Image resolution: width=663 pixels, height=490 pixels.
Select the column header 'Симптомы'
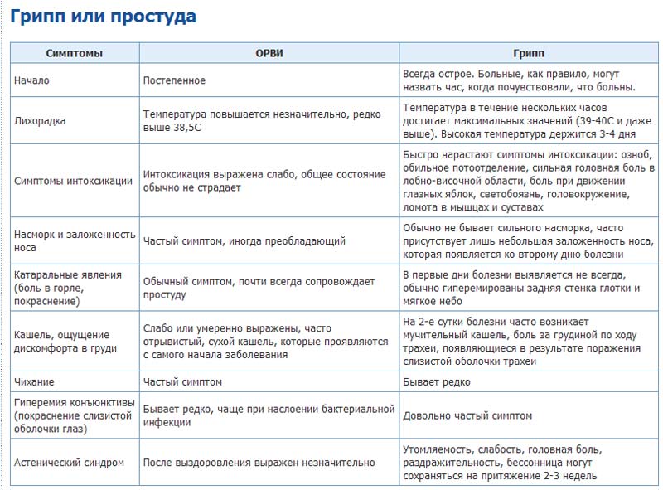(x=75, y=53)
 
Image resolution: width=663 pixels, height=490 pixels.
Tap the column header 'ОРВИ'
(x=269, y=53)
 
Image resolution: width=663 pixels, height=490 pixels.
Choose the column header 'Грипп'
(x=527, y=53)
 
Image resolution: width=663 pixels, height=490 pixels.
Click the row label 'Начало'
(x=33, y=80)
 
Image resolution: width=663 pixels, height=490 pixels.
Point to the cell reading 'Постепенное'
(x=174, y=80)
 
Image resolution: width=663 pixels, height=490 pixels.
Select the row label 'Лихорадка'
(x=41, y=120)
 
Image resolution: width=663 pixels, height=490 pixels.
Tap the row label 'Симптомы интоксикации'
(x=74, y=181)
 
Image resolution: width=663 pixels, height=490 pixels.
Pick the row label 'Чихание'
(x=35, y=382)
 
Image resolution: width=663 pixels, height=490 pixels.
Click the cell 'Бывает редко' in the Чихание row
(x=437, y=382)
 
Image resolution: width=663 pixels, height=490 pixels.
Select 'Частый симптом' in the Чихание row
(x=182, y=382)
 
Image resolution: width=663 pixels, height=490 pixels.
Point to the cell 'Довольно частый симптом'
(x=467, y=415)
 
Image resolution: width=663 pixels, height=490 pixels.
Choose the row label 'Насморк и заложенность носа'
(x=75, y=240)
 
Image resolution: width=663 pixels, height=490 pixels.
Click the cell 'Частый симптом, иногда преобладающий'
(x=244, y=240)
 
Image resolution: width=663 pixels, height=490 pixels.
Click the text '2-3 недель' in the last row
(x=570, y=476)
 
